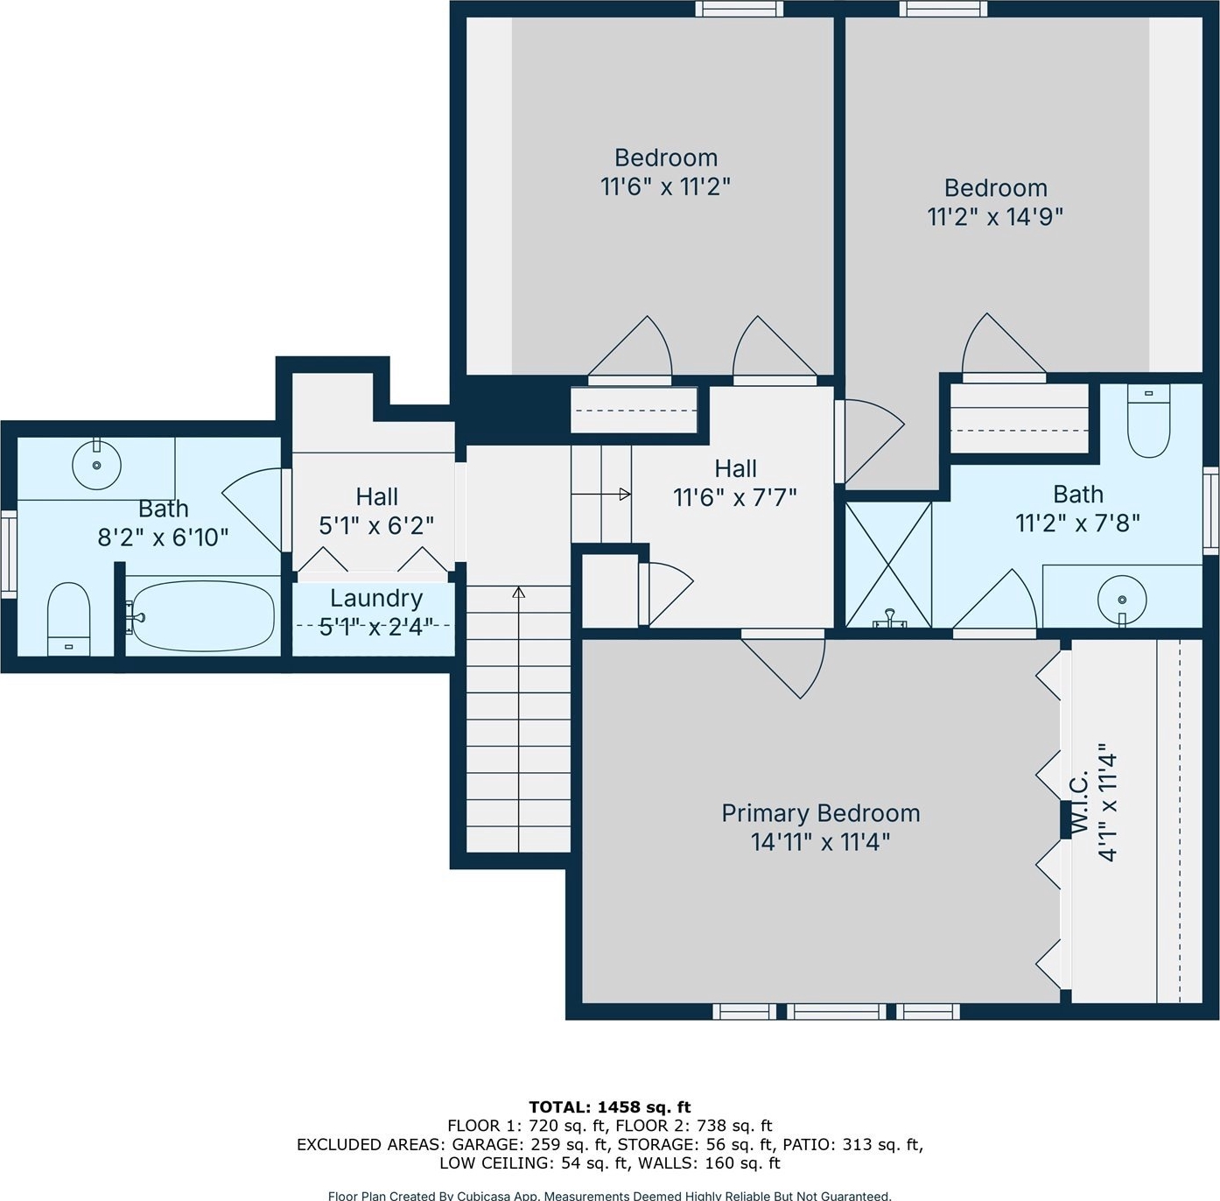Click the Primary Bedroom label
click(x=821, y=812)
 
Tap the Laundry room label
click(x=376, y=598)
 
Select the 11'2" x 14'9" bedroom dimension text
click(x=995, y=216)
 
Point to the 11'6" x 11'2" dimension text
click(x=665, y=186)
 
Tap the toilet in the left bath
click(x=69, y=619)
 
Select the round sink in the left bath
click(x=96, y=465)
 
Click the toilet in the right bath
click(x=1148, y=420)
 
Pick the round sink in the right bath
click(x=1122, y=600)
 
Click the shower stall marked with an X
click(x=889, y=565)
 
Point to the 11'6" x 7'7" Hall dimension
click(x=734, y=498)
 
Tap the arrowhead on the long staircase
click(x=518, y=593)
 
